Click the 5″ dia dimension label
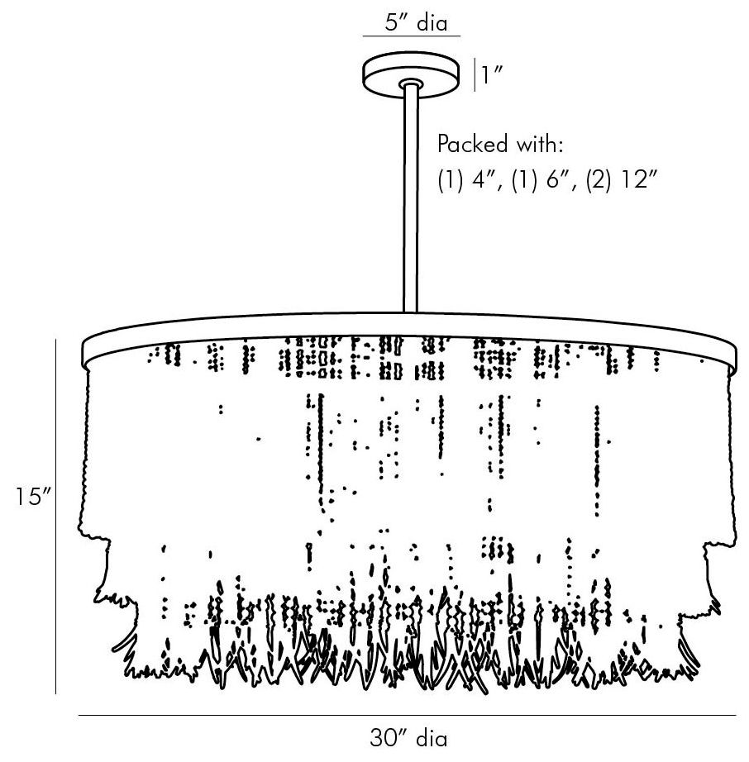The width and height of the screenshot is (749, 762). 411,23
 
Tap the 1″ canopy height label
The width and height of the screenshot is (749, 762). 494,77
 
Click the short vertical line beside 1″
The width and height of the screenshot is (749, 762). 474,74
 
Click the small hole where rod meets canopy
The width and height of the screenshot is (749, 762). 409,83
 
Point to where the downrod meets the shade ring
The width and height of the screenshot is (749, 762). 409,312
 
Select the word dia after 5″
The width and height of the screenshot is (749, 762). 432,23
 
